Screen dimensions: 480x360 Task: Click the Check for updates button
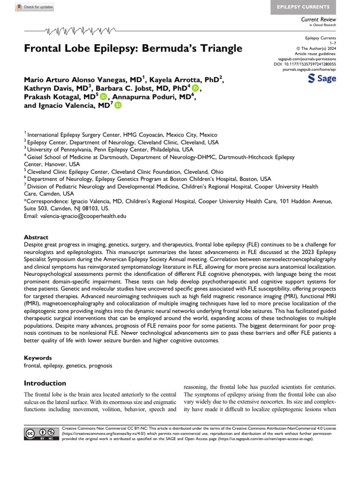[35, 7]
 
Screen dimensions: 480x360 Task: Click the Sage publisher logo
[322, 79]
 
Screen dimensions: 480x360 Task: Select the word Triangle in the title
[220, 48]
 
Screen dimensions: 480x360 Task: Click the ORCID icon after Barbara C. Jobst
[195, 87]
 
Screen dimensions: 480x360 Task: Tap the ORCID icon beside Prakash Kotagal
[104, 97]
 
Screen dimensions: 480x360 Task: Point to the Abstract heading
[36, 237]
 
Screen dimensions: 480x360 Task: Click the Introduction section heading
[45, 383]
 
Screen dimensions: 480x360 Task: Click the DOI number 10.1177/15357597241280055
[311, 64]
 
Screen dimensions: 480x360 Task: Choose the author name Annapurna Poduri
[141, 97]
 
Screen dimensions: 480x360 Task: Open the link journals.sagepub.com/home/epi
[309, 69]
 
